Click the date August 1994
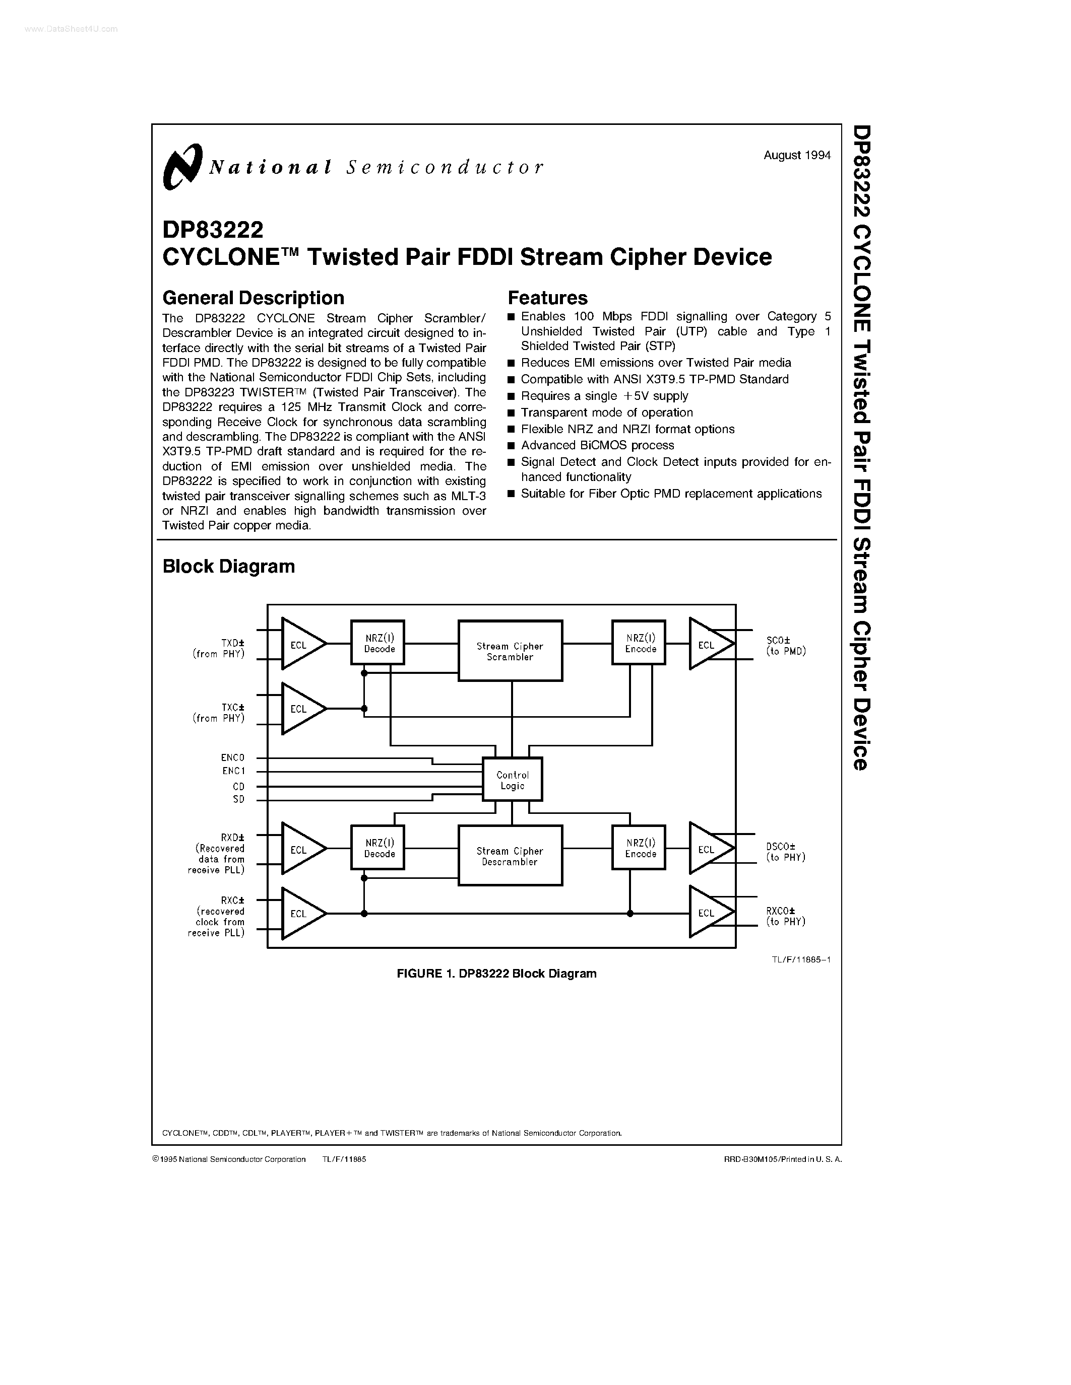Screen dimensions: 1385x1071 (797, 155)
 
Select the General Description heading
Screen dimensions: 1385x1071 (253, 298)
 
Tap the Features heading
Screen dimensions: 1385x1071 (547, 298)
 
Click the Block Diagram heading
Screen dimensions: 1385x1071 (228, 566)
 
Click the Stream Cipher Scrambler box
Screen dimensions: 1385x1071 (510, 651)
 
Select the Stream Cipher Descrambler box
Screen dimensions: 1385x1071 (510, 856)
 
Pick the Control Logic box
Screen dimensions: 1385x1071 (512, 780)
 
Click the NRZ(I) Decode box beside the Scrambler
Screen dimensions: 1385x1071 (378, 643)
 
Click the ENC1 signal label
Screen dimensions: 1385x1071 (233, 771)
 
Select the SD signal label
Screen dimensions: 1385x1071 (238, 799)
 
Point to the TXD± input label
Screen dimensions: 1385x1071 (233, 643)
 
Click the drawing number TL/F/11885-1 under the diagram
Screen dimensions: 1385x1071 (801, 959)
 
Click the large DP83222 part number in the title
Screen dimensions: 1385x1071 (213, 228)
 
